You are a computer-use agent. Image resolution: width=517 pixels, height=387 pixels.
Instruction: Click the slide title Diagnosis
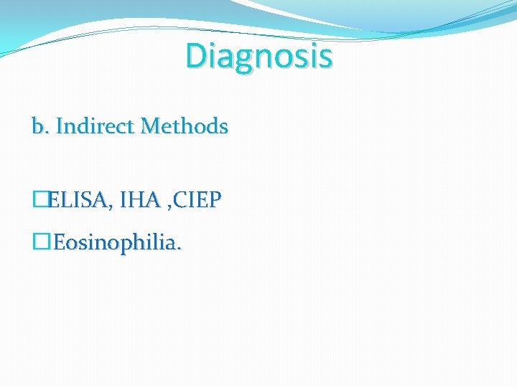(x=258, y=55)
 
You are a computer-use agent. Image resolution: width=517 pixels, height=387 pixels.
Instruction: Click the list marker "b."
(x=39, y=127)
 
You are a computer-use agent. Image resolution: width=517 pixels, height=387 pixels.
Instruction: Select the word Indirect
(x=96, y=127)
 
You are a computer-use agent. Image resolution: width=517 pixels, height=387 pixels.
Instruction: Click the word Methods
(x=185, y=127)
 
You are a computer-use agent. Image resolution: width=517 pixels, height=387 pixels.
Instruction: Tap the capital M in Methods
(x=151, y=127)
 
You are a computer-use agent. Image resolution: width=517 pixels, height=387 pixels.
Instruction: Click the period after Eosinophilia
(x=180, y=248)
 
